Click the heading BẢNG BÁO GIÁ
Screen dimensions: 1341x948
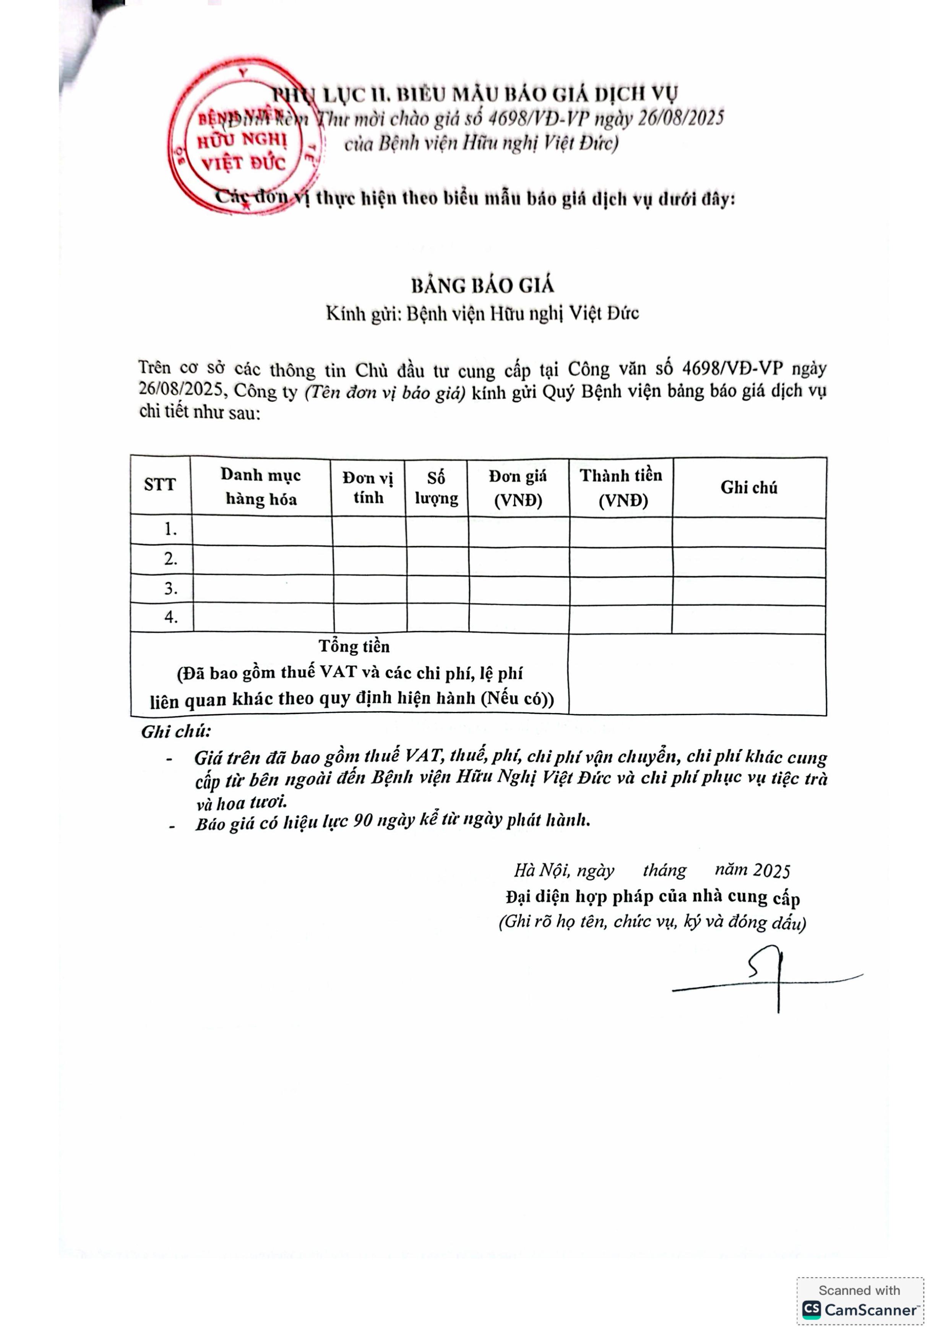click(482, 285)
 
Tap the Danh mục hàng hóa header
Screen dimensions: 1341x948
click(261, 486)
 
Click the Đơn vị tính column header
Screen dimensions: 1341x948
click(368, 487)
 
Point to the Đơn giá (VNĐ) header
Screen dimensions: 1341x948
click(518, 488)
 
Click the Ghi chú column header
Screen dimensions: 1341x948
click(749, 487)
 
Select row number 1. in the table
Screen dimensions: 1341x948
click(170, 530)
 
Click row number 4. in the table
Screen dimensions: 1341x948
click(170, 617)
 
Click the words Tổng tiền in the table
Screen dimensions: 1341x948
click(354, 646)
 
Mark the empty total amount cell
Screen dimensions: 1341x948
click(697, 674)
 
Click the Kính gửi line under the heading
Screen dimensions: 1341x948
click(482, 314)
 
